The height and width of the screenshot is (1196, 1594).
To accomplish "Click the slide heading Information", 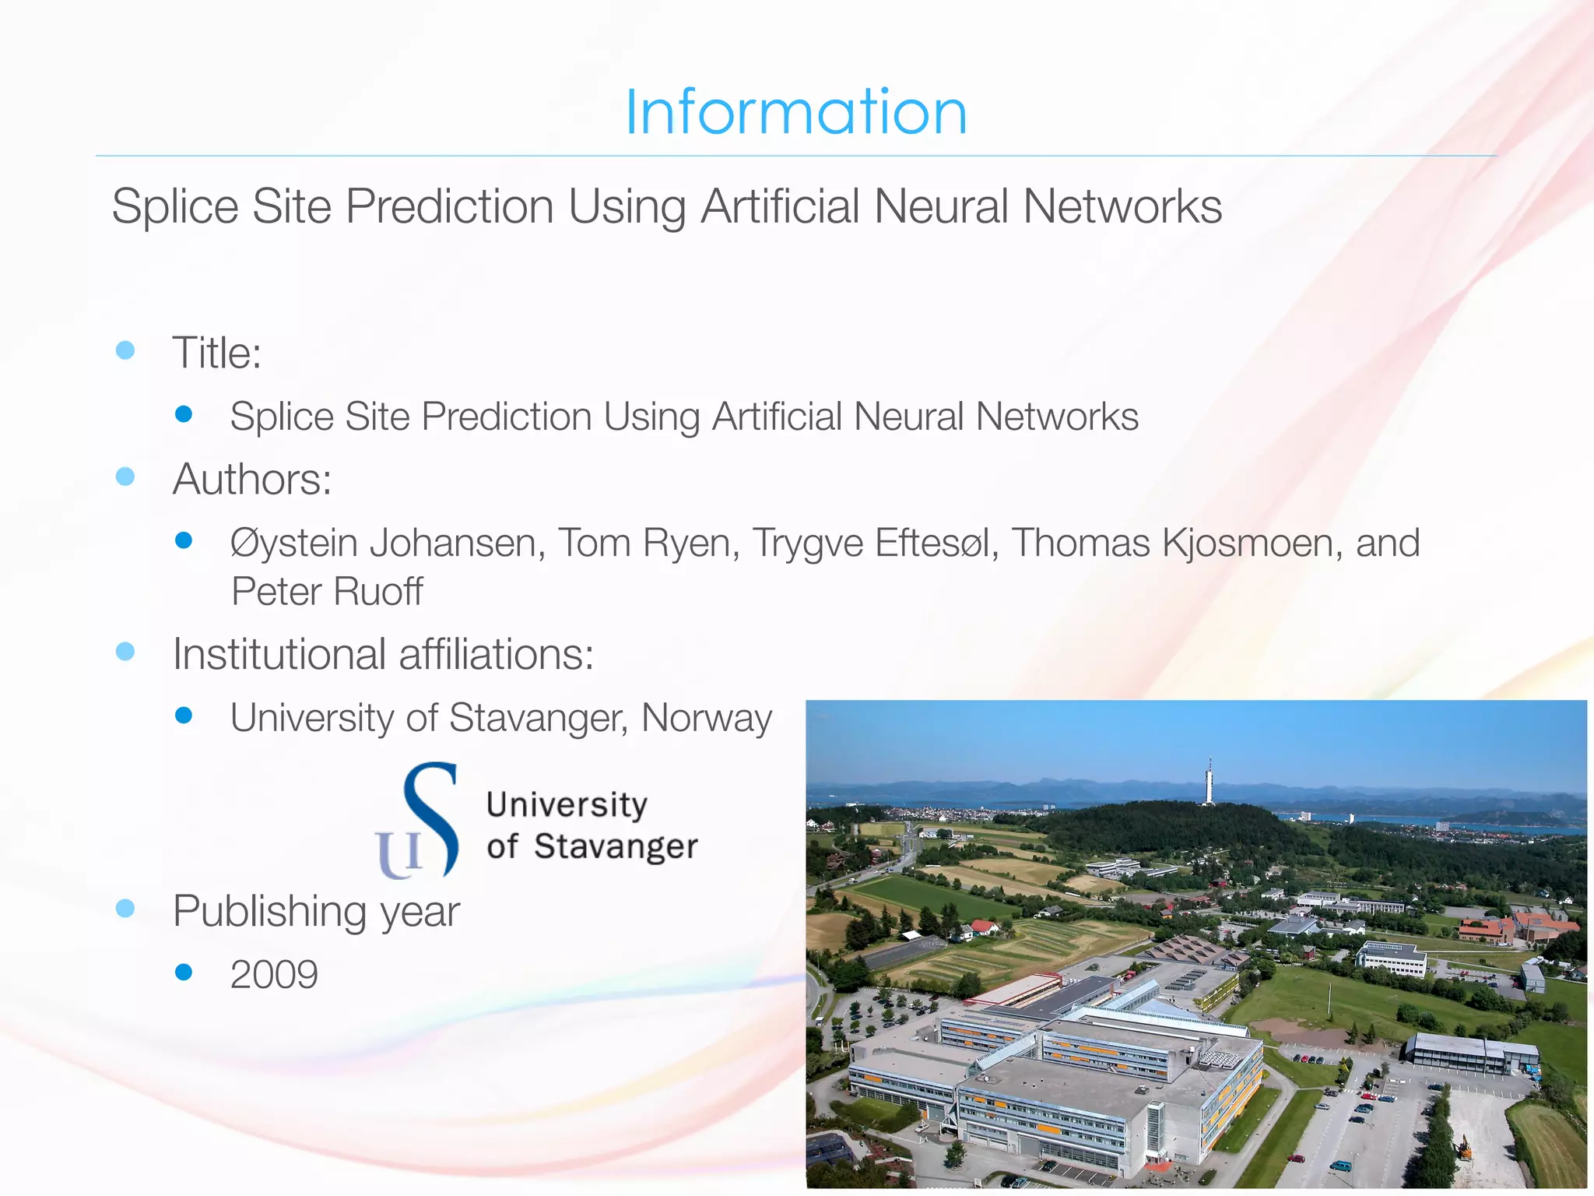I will pyautogui.click(x=796, y=112).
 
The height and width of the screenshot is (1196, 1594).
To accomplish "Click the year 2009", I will pyautogui.click(x=274, y=974).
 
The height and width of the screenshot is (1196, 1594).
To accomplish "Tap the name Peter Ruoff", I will pyautogui.click(x=327, y=591).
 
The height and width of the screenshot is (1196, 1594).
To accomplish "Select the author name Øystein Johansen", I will pyautogui.click(x=383, y=543).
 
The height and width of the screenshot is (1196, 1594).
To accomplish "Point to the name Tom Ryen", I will pyautogui.click(x=648, y=543).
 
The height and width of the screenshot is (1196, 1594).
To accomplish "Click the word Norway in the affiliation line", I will pyautogui.click(x=706, y=717).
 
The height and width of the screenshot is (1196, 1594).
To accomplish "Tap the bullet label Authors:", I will pyautogui.click(x=252, y=479).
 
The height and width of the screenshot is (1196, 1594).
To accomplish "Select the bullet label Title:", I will pyautogui.click(x=216, y=353).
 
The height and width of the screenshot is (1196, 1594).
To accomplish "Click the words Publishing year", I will pyautogui.click(x=316, y=910).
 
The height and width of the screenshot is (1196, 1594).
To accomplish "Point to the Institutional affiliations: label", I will pyautogui.click(x=383, y=653).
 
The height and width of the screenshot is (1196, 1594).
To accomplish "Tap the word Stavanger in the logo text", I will pyautogui.click(x=616, y=846).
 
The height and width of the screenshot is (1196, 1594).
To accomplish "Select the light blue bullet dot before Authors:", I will pyautogui.click(x=125, y=476).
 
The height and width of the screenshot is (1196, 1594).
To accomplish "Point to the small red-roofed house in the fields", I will pyautogui.click(x=983, y=927).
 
